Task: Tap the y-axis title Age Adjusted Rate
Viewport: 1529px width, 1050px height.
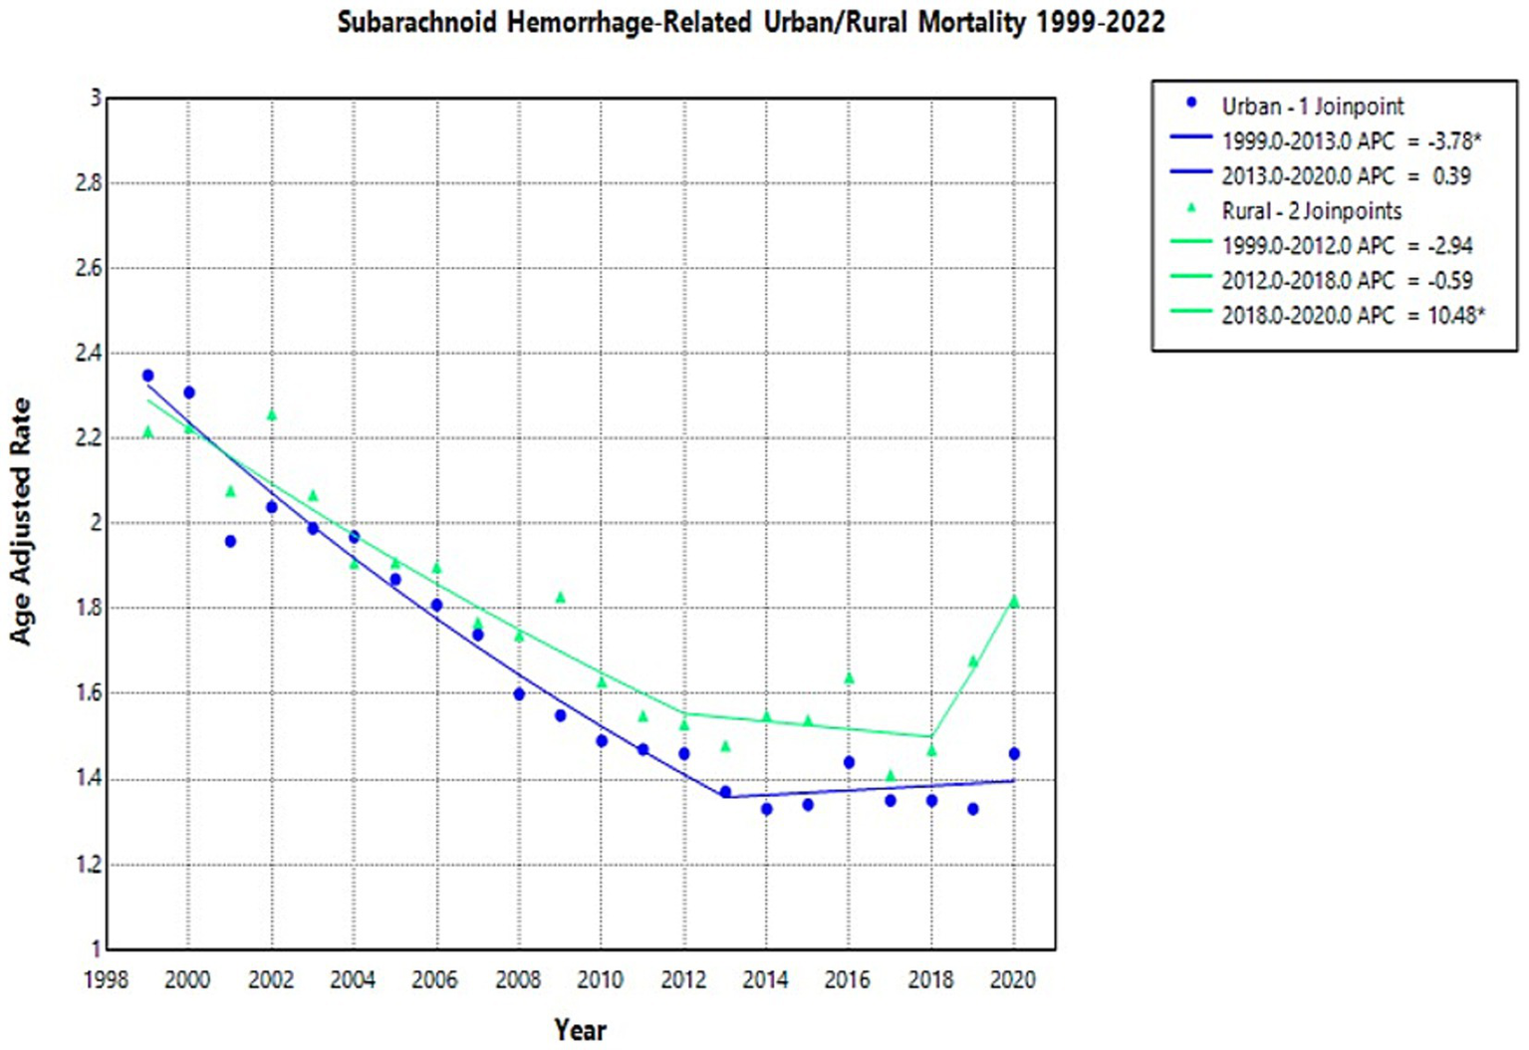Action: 21,521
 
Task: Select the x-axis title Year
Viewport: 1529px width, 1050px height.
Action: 580,1029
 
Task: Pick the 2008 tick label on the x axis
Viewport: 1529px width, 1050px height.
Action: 518,980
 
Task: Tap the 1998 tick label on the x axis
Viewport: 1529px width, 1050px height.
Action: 106,980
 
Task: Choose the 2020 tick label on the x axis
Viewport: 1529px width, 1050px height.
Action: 1013,980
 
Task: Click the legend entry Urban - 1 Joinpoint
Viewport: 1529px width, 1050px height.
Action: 1312,107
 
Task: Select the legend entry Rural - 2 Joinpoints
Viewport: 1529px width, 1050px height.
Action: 1311,211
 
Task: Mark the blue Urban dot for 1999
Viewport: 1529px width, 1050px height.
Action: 147,376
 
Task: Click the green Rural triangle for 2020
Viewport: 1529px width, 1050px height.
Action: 1014,602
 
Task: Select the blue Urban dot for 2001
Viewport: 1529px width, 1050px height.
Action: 230,541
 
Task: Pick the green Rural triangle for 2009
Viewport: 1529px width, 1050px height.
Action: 560,598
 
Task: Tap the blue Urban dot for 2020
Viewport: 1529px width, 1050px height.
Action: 1014,754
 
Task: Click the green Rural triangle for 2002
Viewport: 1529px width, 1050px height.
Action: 271,415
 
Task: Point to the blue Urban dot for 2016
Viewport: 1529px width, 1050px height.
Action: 849,762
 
